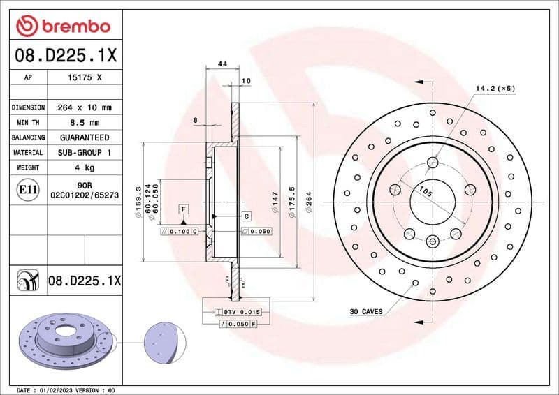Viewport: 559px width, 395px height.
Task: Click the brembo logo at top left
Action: pos(64,27)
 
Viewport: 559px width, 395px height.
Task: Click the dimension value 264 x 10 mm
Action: pos(84,108)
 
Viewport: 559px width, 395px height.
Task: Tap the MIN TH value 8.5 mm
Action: pos(84,123)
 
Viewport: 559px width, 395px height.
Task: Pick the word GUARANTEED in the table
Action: pos(84,137)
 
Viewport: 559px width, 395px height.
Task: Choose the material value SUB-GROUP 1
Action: pos(84,152)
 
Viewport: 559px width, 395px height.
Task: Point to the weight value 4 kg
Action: pos(84,167)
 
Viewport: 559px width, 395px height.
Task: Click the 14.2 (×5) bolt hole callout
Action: pos(495,89)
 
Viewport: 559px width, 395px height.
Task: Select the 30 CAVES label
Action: pos(367,311)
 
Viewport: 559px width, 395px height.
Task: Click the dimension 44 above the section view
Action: pos(223,64)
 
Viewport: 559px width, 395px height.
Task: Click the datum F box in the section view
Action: pos(183,209)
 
